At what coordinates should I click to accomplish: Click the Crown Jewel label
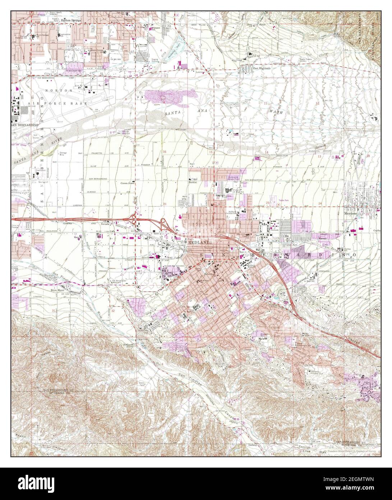pos(127,183)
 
